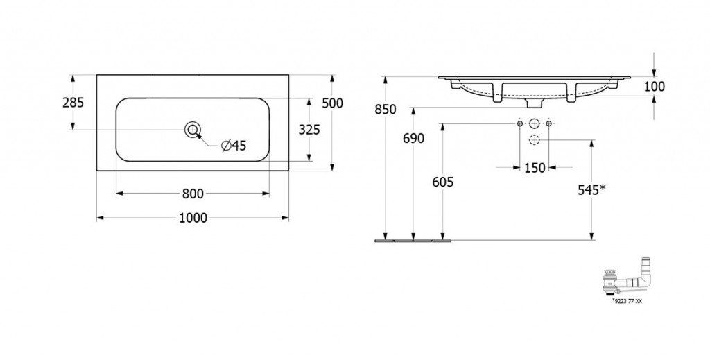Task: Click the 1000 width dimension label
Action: coord(193,218)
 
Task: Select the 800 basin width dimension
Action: coord(193,194)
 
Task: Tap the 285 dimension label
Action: coord(73,103)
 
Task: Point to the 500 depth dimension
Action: coord(332,103)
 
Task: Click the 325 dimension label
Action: coord(309,130)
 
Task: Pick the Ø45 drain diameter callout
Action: coord(234,146)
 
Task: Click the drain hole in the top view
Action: coord(193,130)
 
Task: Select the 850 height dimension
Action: coord(386,110)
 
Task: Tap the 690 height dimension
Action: coord(413,139)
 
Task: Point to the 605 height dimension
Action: coord(442,182)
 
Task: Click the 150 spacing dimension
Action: coord(535,168)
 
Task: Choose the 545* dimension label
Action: coord(591,190)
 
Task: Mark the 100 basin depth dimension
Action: coord(655,87)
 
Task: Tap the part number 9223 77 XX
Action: coord(627,301)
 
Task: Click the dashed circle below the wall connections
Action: coord(535,140)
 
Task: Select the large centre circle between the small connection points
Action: coord(535,123)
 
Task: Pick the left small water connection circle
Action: coord(520,123)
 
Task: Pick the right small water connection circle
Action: coord(549,123)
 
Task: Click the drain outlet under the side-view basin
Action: coord(535,103)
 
